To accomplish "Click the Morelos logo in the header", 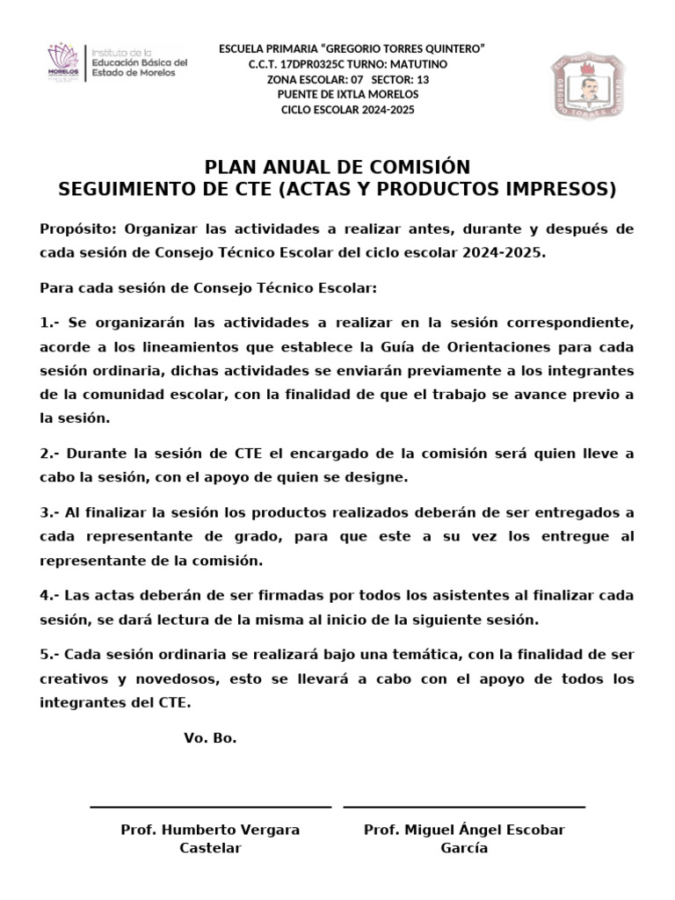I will point(62,62).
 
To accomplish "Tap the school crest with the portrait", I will point(592,86).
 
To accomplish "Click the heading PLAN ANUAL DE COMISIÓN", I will point(337,167).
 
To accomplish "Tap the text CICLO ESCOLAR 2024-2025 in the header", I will point(347,110).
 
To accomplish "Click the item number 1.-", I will point(49,323).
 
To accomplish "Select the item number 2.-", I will point(49,454).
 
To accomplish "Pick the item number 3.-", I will point(49,512).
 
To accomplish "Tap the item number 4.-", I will point(49,595).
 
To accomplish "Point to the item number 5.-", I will point(49,654).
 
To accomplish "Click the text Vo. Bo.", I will point(210,737).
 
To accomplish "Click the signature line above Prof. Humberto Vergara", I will point(210,806).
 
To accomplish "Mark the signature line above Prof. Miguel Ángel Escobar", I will point(464,806).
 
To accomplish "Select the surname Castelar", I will point(210,848).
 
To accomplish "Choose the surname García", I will point(464,848).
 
